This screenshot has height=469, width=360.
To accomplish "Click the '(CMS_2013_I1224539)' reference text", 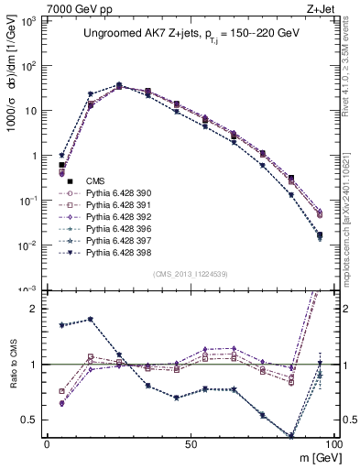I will [x=190, y=273].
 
